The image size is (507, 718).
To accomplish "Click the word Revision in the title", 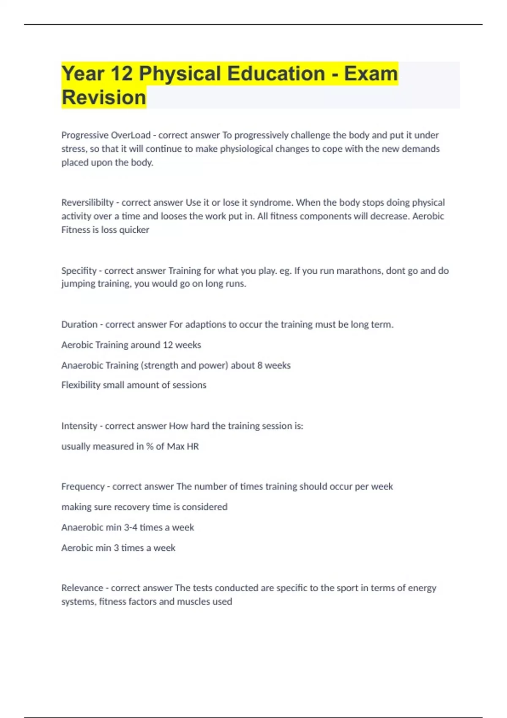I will point(104,97).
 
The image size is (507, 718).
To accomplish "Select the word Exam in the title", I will point(371,73).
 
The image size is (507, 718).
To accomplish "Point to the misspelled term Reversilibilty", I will point(87,203).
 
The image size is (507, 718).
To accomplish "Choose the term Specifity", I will point(79,271).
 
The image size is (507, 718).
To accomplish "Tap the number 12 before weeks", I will point(168,345).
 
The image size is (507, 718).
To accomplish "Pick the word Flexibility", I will point(81,385).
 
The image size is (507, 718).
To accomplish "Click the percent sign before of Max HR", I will point(150,446).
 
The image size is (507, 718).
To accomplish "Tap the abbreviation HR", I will point(193,446).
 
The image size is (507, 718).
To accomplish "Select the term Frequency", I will point(83,487).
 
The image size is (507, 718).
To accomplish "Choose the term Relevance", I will point(82,588).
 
